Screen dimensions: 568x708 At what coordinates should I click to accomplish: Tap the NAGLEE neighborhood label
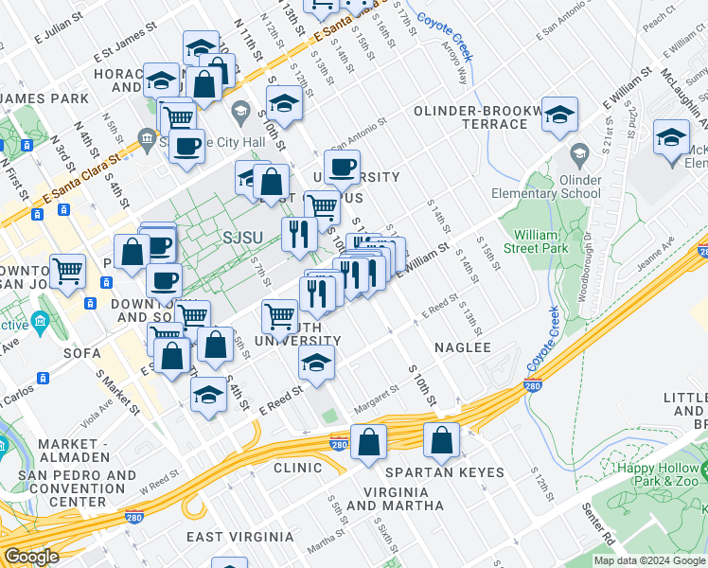(462, 347)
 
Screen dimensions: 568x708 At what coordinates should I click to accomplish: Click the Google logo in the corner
(32, 557)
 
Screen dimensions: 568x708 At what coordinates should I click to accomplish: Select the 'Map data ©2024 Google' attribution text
(649, 560)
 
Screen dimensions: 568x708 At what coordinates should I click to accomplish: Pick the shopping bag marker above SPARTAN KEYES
(441, 439)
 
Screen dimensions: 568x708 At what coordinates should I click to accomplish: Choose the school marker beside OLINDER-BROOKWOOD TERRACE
(559, 114)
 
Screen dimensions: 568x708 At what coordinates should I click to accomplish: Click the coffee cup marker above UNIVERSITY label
(342, 167)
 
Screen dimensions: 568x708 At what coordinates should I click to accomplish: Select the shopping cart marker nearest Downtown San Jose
(67, 272)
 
